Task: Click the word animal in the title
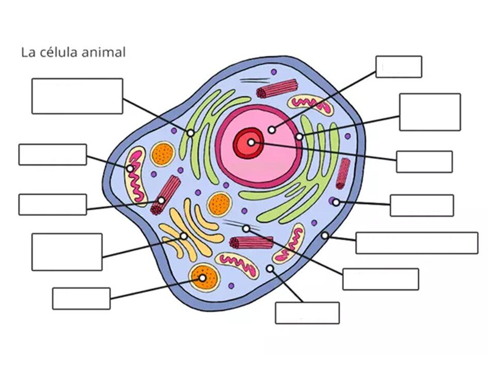[104, 52]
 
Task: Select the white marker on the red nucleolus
[251, 143]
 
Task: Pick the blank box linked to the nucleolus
[424, 162]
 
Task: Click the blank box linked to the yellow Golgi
[67, 252]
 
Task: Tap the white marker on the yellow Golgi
[184, 236]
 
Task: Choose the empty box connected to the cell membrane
[417, 243]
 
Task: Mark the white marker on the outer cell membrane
[324, 236]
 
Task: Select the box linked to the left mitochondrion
[53, 154]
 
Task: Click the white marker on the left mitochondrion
[130, 169]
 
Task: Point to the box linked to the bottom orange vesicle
[81, 299]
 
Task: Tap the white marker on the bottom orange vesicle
[202, 278]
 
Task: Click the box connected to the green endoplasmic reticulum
[77, 96]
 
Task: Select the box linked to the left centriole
[53, 205]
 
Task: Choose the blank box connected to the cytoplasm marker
[307, 313]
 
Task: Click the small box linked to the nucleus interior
[399, 67]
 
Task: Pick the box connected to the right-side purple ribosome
[422, 206]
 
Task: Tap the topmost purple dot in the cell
[274, 72]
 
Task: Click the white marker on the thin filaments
[246, 228]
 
